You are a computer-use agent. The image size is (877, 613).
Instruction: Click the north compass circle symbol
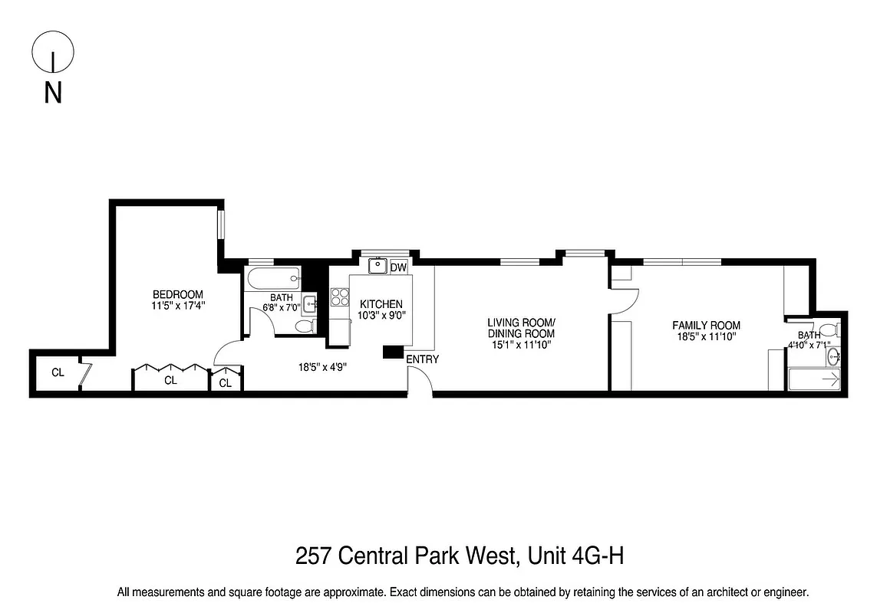[x=53, y=52]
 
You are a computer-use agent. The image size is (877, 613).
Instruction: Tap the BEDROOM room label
[x=178, y=295]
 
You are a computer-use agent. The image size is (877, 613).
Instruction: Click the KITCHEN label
[x=381, y=304]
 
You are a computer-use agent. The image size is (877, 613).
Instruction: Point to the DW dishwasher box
[x=398, y=267]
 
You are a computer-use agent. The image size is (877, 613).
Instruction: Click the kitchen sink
[x=378, y=267]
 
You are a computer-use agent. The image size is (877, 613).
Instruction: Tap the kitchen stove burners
[x=340, y=296]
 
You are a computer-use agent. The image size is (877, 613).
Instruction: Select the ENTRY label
[x=422, y=359]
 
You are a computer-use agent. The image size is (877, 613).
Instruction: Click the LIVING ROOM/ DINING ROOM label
[x=521, y=328]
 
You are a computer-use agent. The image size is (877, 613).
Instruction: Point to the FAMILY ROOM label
[x=706, y=325]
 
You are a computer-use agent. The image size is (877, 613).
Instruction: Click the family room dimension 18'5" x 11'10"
[x=706, y=336]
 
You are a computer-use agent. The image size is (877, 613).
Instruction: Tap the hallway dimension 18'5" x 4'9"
[x=323, y=367]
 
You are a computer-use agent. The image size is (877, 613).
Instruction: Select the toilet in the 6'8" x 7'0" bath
[x=304, y=327]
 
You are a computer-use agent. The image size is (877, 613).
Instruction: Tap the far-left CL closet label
[x=58, y=373]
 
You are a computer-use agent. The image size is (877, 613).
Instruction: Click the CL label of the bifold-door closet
[x=170, y=380]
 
